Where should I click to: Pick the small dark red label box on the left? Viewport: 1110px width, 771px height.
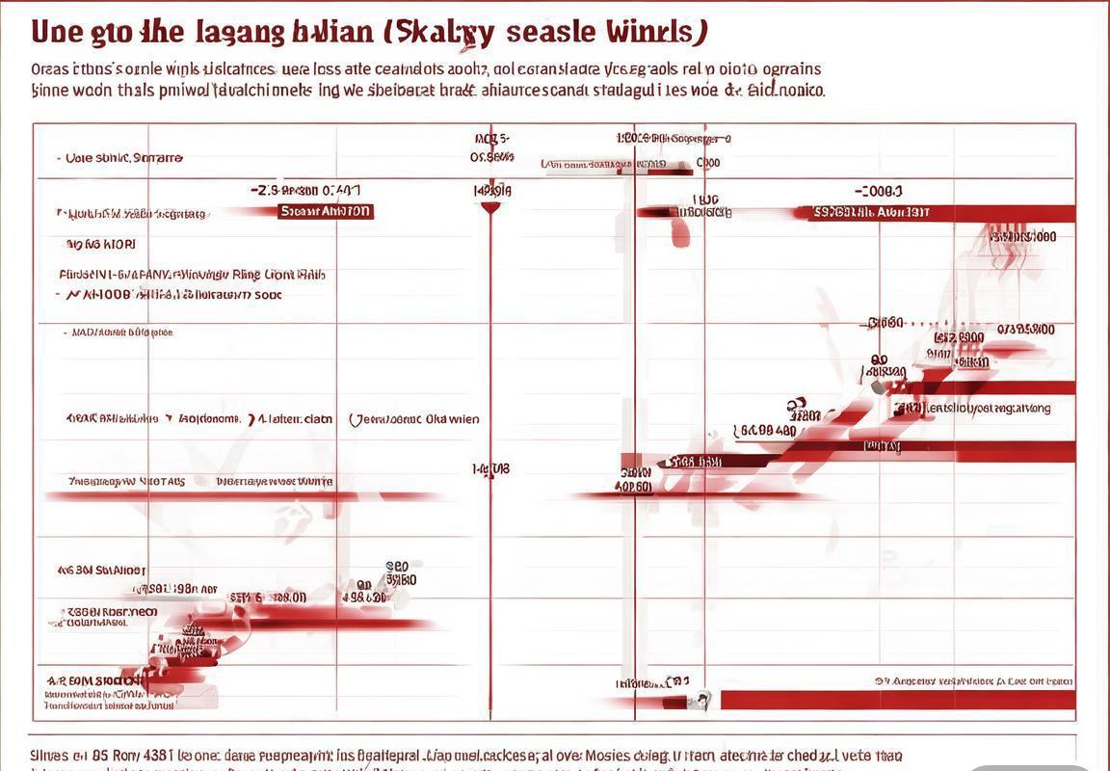click(x=325, y=211)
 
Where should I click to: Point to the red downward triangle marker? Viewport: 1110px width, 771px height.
click(x=490, y=207)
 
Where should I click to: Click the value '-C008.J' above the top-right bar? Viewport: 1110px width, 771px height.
click(x=878, y=192)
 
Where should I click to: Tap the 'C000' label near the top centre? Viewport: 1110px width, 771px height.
click(x=708, y=163)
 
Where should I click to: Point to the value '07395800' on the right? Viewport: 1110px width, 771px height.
click(x=1026, y=330)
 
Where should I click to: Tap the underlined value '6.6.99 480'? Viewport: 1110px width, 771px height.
click(x=764, y=431)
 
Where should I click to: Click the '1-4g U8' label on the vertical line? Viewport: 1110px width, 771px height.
click(x=491, y=469)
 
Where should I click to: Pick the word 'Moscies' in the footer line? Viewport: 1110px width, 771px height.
click(x=609, y=756)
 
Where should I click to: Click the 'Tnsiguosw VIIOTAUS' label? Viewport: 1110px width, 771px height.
click(x=127, y=481)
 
